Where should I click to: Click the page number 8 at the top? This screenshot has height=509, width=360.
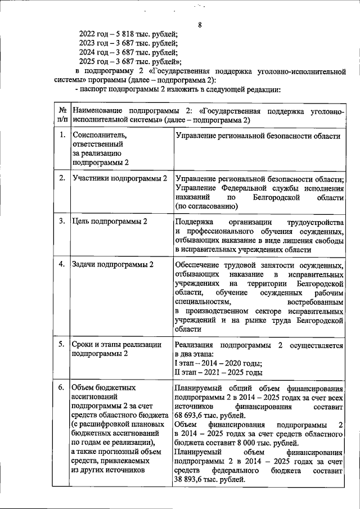(200, 24)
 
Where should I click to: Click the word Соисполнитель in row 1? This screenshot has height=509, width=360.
(100, 135)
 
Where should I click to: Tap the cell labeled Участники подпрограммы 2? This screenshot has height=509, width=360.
(120, 178)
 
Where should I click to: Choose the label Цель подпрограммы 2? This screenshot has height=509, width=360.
(110, 221)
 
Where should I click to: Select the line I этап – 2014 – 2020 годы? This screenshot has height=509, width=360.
(219, 364)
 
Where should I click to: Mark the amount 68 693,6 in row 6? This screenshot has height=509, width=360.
(192, 415)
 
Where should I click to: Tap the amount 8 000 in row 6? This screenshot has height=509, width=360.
(228, 442)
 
